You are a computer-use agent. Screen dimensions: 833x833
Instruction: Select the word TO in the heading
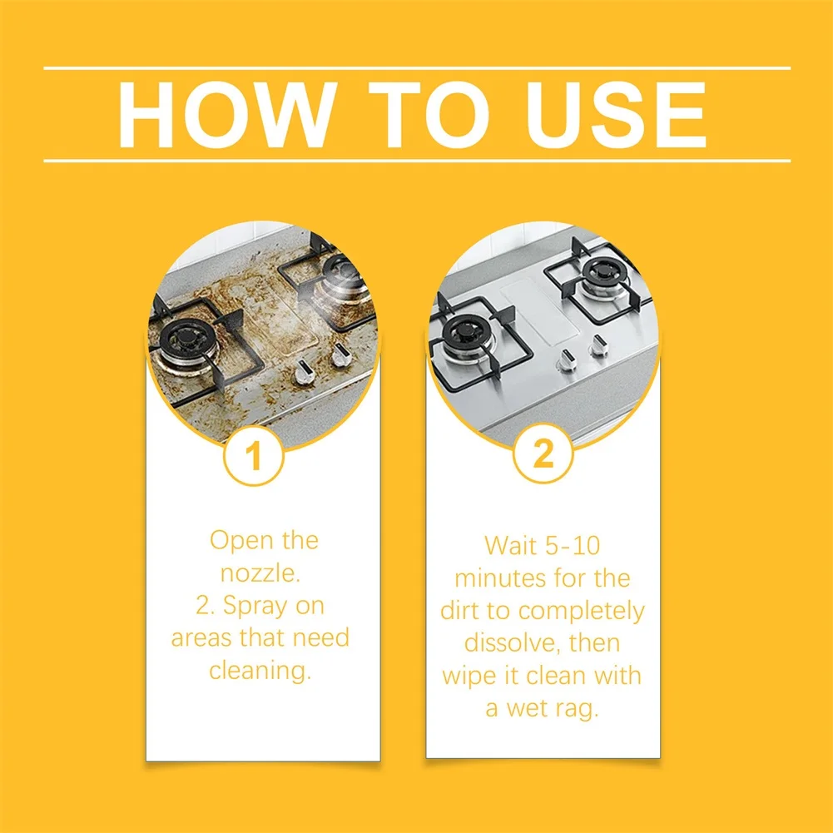click(x=429, y=114)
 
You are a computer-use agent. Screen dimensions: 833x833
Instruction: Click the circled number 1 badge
click(x=254, y=455)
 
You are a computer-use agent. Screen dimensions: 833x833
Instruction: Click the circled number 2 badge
click(x=543, y=454)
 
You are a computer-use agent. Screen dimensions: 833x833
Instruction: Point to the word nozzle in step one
click(x=260, y=573)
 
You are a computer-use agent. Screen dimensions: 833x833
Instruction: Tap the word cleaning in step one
click(x=260, y=671)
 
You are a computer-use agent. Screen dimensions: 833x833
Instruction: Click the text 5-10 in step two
click(x=573, y=546)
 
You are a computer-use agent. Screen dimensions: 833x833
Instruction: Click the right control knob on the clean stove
click(x=598, y=345)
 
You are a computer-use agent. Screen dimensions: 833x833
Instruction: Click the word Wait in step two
click(x=510, y=546)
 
